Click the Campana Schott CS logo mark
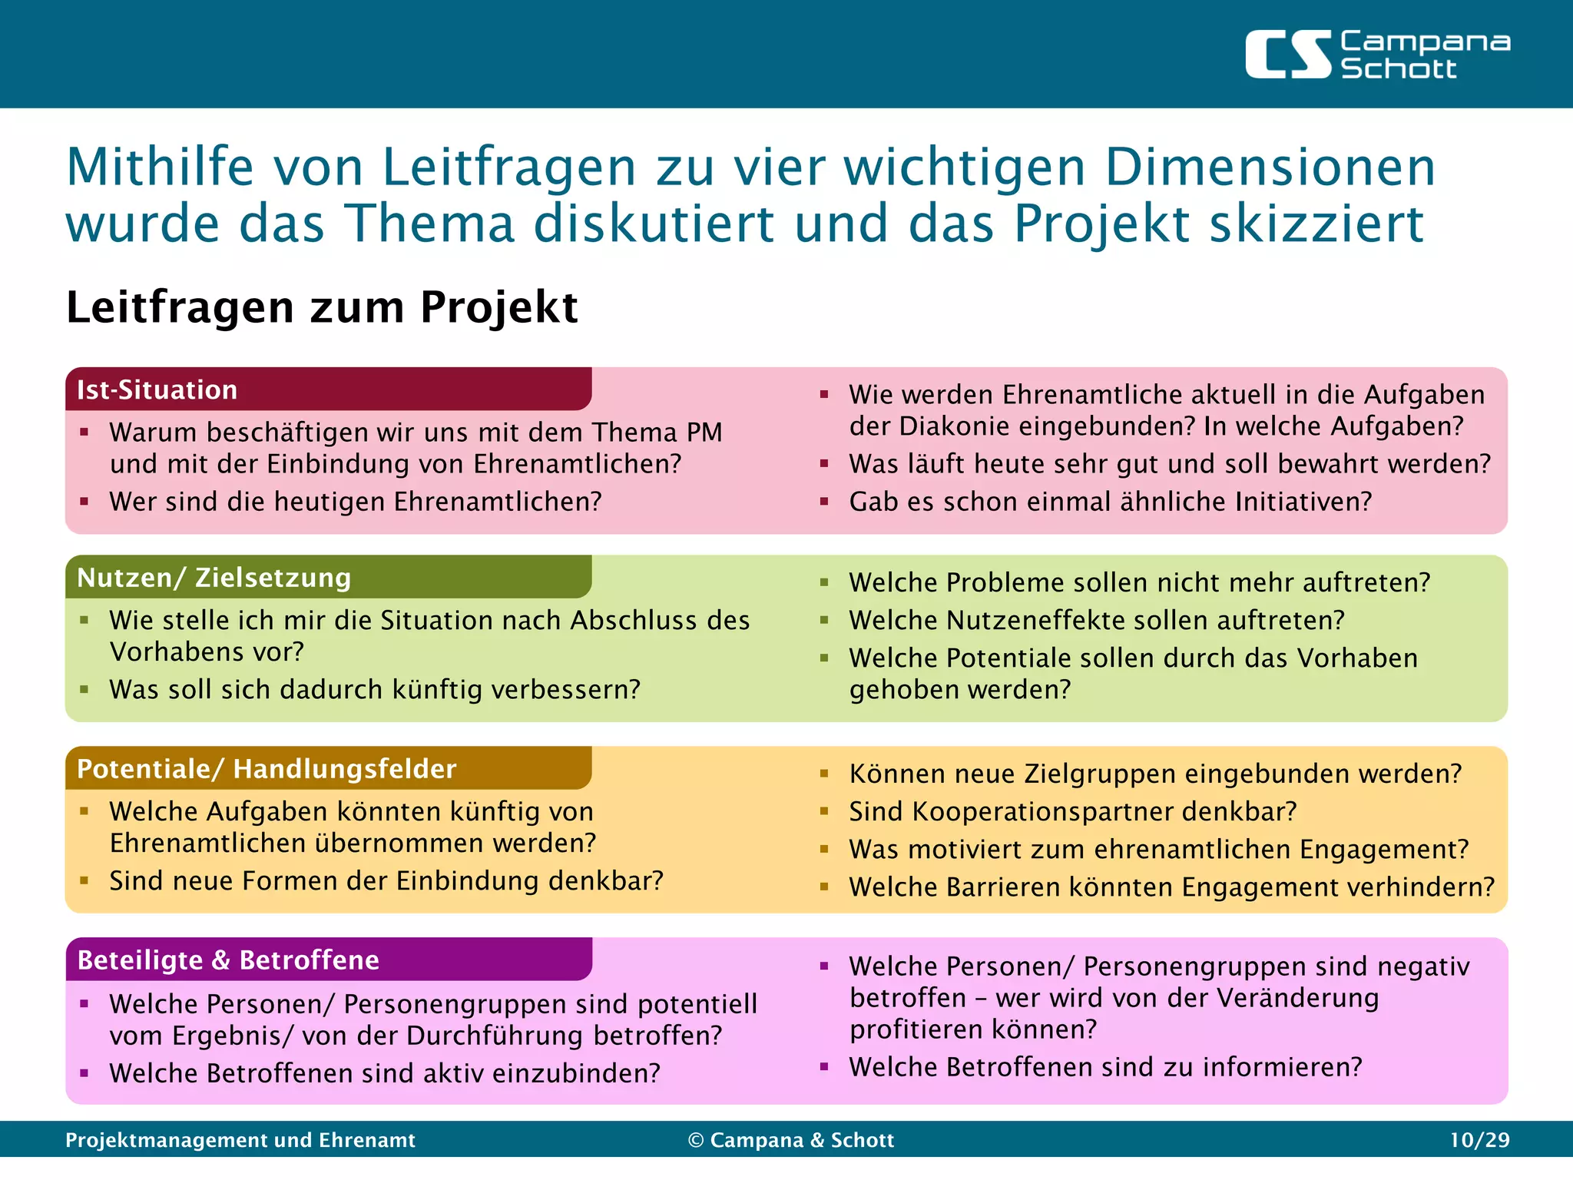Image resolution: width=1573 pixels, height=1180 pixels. pyautogui.click(x=1288, y=55)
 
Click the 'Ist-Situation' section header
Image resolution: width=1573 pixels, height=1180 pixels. pyautogui.click(x=157, y=390)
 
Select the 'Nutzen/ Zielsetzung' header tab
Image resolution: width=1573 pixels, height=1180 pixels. pyautogui.click(x=214, y=578)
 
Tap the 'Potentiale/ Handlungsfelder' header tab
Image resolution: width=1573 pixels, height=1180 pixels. pyautogui.click(x=267, y=769)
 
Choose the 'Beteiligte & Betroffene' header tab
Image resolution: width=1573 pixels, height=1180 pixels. pyautogui.click(x=228, y=960)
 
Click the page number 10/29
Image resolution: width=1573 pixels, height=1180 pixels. pyautogui.click(x=1479, y=1140)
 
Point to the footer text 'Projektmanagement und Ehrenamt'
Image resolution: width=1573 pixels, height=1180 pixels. pyautogui.click(x=240, y=1140)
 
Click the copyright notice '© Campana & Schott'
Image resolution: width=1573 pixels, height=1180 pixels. pyautogui.click(x=791, y=1140)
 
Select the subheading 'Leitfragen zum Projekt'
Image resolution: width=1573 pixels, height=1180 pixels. pyautogui.click(x=322, y=307)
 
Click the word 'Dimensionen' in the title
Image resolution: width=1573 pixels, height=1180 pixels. pyautogui.click(x=1270, y=167)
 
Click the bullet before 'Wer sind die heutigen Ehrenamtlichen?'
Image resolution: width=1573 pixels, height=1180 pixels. pyautogui.click(x=84, y=502)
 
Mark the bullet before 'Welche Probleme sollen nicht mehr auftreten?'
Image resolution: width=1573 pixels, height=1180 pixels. pyautogui.click(x=824, y=582)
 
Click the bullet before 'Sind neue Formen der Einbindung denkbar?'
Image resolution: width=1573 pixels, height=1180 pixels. pyautogui.click(x=84, y=881)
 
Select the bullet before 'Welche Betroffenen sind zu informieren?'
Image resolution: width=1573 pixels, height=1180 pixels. pyautogui.click(x=824, y=1067)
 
